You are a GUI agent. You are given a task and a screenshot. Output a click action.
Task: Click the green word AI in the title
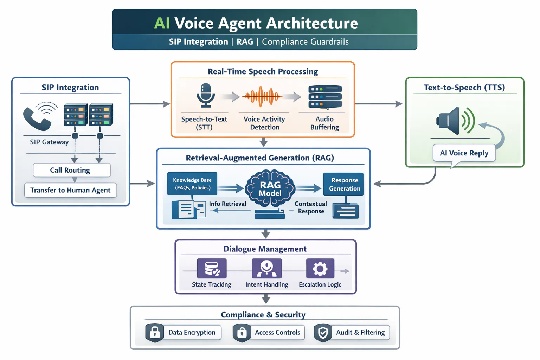coord(162,23)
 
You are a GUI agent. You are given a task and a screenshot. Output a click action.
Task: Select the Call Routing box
coord(72,170)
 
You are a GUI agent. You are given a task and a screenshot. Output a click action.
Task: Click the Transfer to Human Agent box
coord(70,190)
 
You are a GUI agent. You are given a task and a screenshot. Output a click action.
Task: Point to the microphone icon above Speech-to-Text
coord(206,95)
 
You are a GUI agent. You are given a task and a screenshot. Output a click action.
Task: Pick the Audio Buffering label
coord(324,123)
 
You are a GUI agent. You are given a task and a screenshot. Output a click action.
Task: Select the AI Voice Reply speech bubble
coord(464,153)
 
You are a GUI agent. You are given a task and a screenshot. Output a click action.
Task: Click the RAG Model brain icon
coord(270,188)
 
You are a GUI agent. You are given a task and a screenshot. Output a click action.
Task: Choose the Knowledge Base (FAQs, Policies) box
coord(192,184)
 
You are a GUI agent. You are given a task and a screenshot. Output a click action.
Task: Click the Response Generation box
coord(343,184)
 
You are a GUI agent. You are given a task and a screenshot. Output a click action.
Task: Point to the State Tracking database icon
coord(212,269)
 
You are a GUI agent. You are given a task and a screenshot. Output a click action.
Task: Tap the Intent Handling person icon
coord(266,269)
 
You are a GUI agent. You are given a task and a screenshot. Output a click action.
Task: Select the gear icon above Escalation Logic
coord(320,269)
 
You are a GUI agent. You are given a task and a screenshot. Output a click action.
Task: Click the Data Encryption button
coord(184,333)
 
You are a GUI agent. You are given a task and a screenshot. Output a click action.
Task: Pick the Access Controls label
coord(277,333)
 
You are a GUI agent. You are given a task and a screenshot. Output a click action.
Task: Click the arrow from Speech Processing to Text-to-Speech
coord(379,104)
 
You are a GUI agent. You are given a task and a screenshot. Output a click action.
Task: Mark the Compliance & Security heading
coord(263,315)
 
